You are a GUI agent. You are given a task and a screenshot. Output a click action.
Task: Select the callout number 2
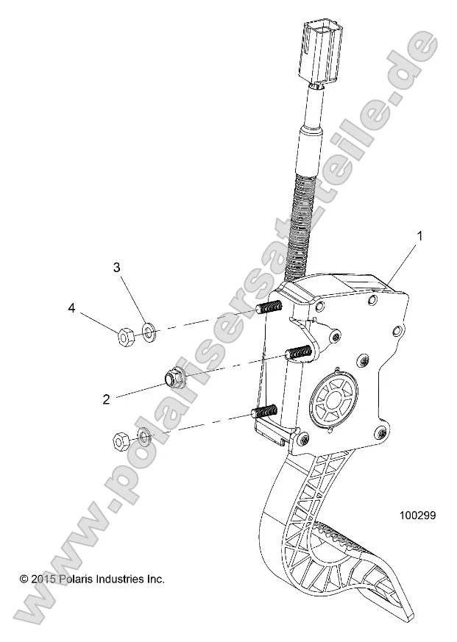(x=106, y=399)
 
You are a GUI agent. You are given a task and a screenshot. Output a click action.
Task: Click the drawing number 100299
(x=417, y=516)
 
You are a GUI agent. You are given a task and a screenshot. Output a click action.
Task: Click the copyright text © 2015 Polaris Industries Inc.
(x=91, y=579)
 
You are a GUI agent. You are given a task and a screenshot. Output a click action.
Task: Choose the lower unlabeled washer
(x=145, y=439)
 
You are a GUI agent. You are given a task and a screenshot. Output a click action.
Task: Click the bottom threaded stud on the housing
(x=264, y=411)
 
